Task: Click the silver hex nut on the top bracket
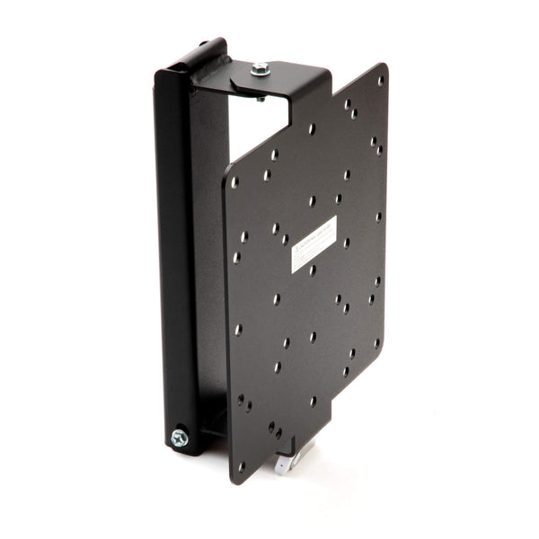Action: [x=260, y=68]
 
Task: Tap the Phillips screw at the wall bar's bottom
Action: [x=180, y=437]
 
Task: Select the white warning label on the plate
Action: [x=314, y=244]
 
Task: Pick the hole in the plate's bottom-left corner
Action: [x=241, y=465]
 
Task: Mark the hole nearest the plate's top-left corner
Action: [x=234, y=182]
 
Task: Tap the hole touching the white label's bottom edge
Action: [x=312, y=269]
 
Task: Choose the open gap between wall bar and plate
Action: [x=212, y=269]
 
